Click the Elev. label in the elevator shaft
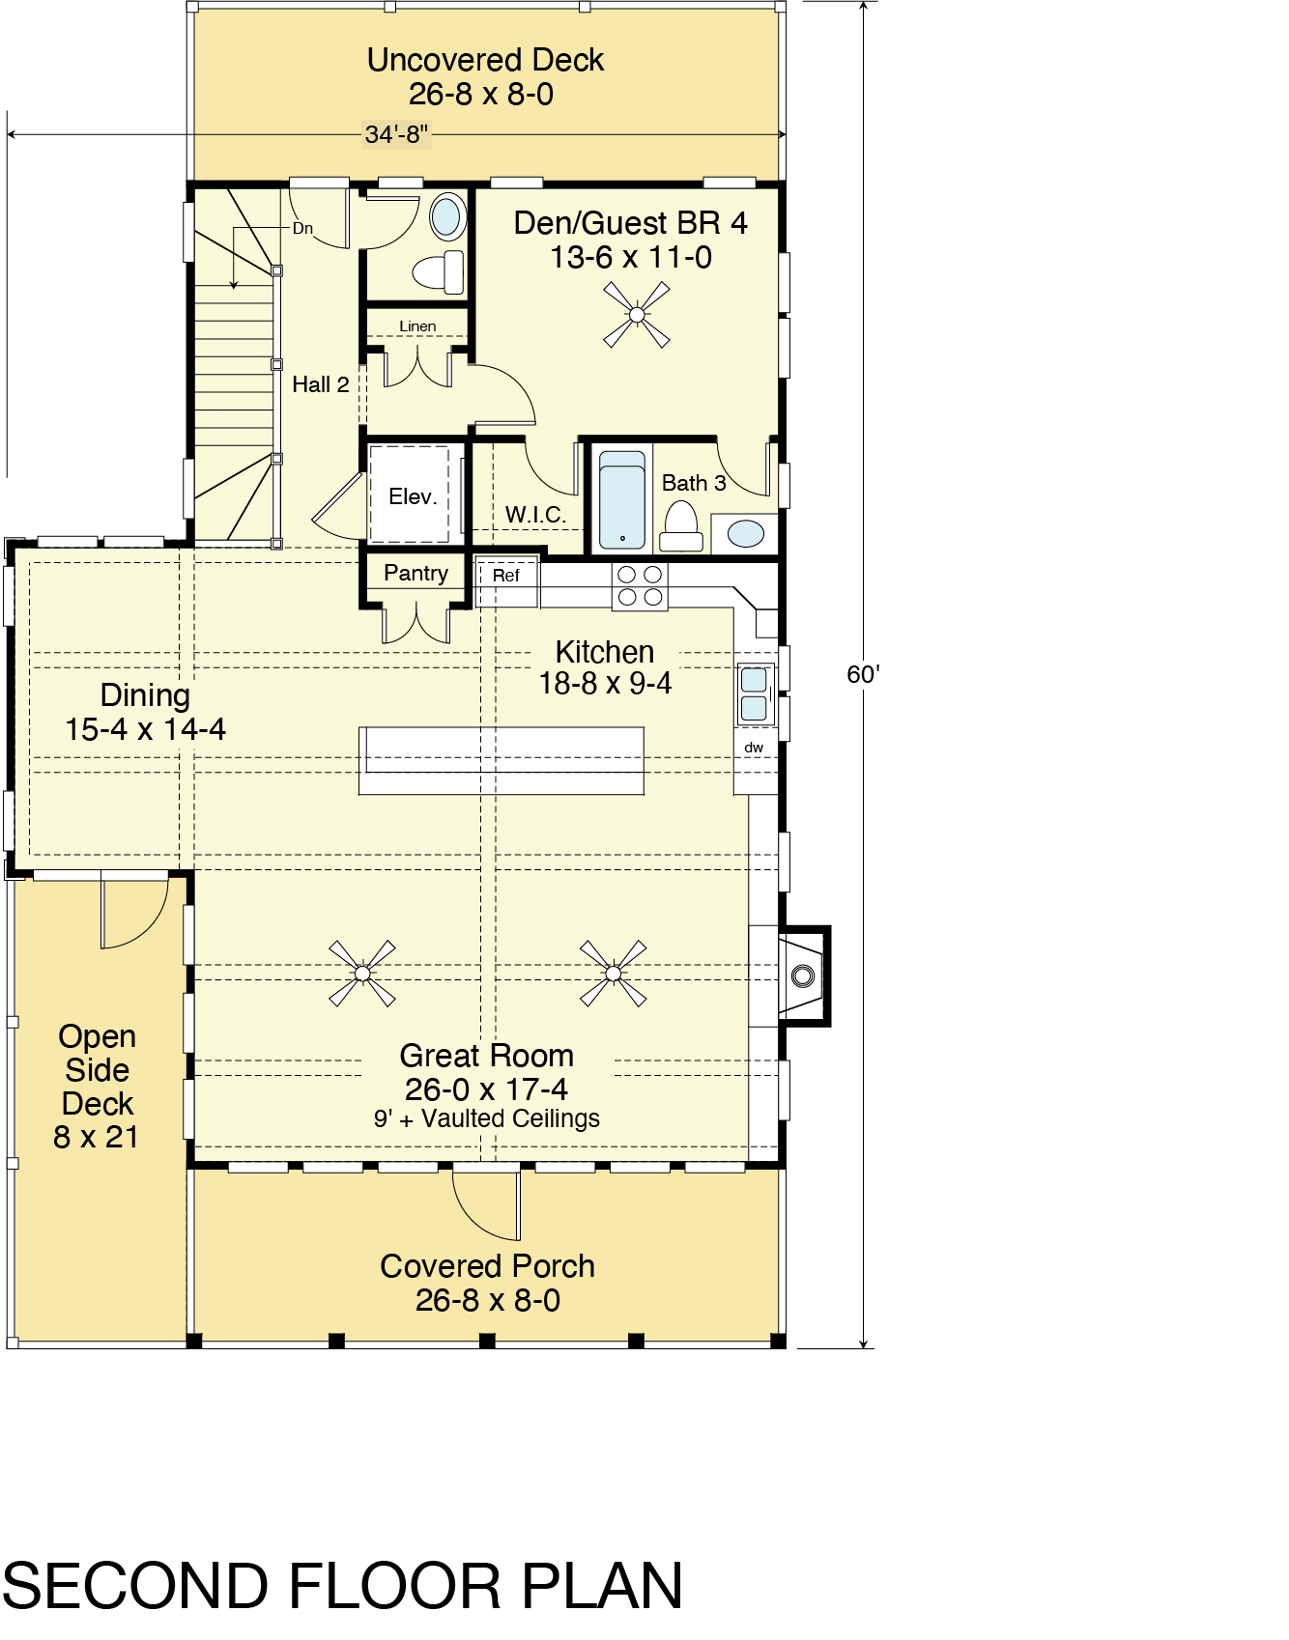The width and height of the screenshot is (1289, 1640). pyautogui.click(x=413, y=496)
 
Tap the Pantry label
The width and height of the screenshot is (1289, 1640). pyautogui.click(x=415, y=573)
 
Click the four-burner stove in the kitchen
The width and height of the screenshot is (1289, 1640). pyautogui.click(x=640, y=586)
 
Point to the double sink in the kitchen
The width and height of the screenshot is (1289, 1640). pyautogui.click(x=755, y=693)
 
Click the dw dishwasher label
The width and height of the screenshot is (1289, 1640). pyautogui.click(x=754, y=748)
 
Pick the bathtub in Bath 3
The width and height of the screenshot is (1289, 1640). pyautogui.click(x=622, y=500)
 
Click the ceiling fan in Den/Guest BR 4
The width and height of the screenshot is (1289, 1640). pyautogui.click(x=637, y=314)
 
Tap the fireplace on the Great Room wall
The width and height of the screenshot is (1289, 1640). pyautogui.click(x=803, y=976)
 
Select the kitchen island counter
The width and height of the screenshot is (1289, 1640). pyautogui.click(x=501, y=761)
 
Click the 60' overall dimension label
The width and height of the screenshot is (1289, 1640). pyautogui.click(x=863, y=674)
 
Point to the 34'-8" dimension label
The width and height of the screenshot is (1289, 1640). pyautogui.click(x=396, y=134)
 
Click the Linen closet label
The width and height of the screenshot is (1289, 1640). pyautogui.click(x=417, y=326)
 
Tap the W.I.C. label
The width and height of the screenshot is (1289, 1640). pyautogui.click(x=535, y=515)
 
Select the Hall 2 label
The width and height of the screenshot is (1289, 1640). pyautogui.click(x=321, y=384)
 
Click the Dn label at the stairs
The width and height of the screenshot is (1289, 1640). pyautogui.click(x=302, y=229)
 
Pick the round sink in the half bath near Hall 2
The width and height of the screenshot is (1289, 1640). pyautogui.click(x=446, y=216)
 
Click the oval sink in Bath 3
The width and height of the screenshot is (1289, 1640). pyautogui.click(x=746, y=533)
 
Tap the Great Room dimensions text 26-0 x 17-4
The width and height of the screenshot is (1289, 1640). pyautogui.click(x=486, y=1089)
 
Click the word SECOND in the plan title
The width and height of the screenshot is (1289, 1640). pyautogui.click(x=134, y=1586)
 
